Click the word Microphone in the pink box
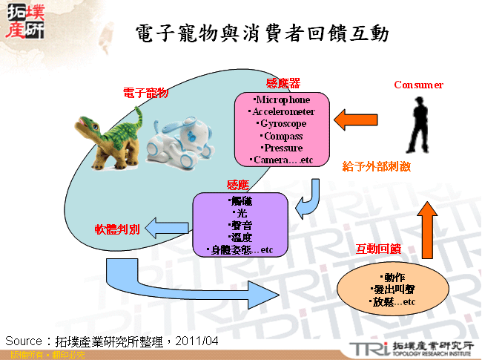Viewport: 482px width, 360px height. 282,99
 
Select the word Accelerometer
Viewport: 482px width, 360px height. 283,111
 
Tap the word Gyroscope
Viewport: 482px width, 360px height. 283,123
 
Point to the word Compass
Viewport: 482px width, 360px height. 283,136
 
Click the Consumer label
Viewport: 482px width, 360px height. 418,85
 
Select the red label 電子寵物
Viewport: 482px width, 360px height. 145,93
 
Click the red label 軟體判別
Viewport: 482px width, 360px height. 116,228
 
